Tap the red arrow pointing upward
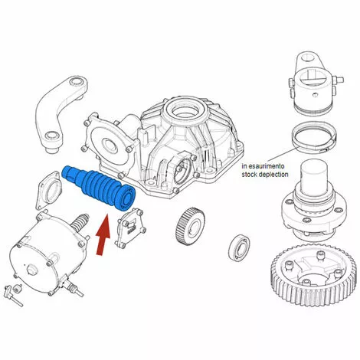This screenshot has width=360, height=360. (x=103, y=234)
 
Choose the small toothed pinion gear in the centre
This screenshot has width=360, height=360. (x=190, y=227)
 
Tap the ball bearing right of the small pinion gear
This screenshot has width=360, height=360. (x=239, y=247)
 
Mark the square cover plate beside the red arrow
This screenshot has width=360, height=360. (x=131, y=227)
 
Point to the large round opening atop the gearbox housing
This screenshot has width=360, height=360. (x=185, y=109)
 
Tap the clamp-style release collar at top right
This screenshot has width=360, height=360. (x=315, y=81)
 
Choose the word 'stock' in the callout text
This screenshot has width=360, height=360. (x=249, y=175)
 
